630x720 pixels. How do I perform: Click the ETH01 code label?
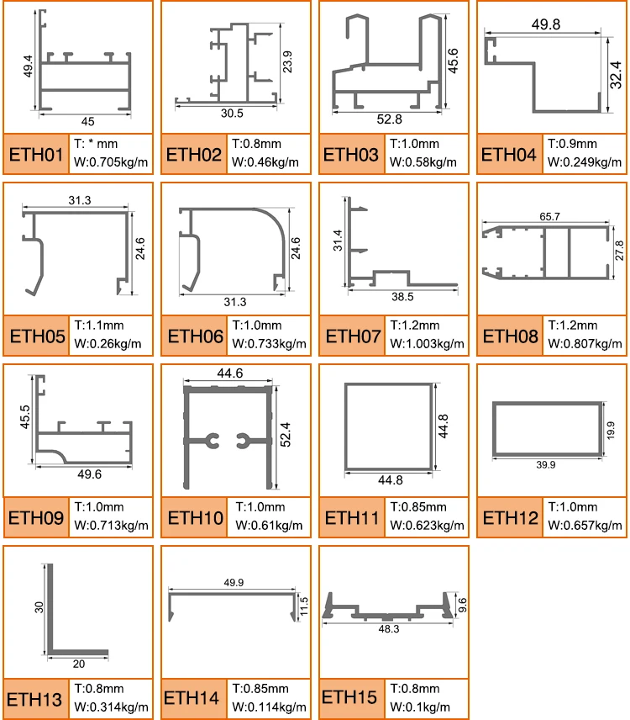pos(36,155)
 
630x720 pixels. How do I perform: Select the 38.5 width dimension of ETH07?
pos(402,297)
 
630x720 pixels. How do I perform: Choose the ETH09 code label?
pos(36,518)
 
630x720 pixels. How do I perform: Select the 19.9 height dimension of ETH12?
pos(612,430)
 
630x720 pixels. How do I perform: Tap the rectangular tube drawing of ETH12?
pos(545,429)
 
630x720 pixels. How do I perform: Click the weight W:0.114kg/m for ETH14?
pos(265,706)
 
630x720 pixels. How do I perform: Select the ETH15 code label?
pos(350,696)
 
